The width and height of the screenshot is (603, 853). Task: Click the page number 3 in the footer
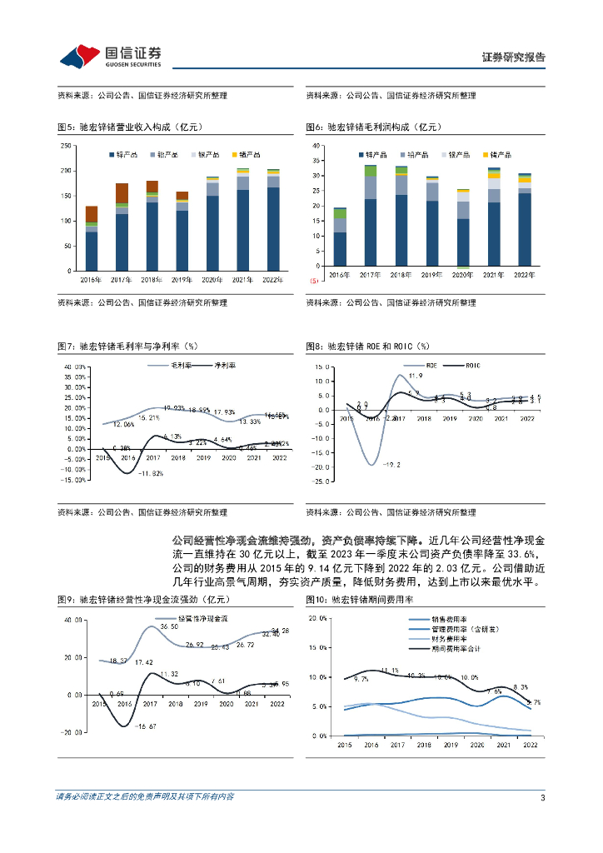542,797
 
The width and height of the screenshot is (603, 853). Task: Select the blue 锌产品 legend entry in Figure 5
127,154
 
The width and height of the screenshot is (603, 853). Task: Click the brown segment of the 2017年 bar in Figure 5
122,193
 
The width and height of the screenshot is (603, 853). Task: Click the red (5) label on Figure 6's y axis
316,281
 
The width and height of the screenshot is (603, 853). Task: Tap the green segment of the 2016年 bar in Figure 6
340,213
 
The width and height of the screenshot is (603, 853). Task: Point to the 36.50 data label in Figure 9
169,626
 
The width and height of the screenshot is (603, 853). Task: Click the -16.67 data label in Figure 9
146,727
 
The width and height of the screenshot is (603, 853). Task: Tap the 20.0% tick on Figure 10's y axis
320,618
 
